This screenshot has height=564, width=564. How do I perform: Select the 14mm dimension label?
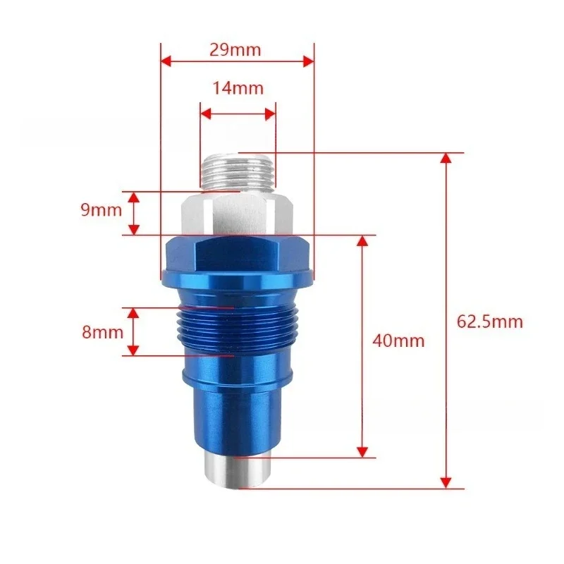238,88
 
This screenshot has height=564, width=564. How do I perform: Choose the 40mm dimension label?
399,341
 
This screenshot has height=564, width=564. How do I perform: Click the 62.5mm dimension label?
490,321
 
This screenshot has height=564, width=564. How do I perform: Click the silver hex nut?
236,214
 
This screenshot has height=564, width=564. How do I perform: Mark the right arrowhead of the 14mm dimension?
270,112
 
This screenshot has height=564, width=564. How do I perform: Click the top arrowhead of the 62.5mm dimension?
446,158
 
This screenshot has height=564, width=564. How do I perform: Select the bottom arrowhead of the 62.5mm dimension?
446,482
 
